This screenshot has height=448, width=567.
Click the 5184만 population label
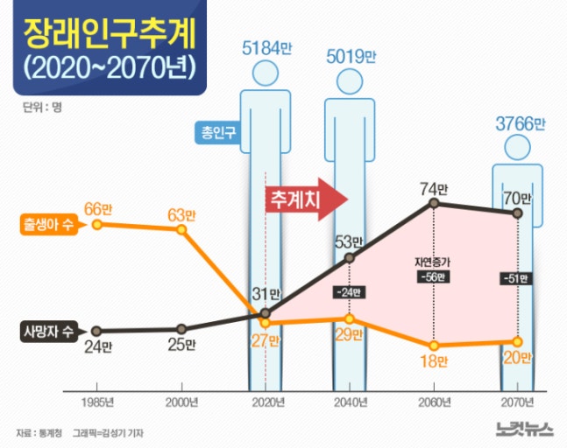tap(265, 48)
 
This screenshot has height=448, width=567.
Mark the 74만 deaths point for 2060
tap(434, 204)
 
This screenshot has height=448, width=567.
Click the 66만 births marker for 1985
tap(96, 224)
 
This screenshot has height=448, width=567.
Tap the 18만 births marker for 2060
tap(434, 345)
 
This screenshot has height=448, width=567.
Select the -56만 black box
tap(433, 278)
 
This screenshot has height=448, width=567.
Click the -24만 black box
tap(351, 291)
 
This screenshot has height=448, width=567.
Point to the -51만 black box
tap(517, 279)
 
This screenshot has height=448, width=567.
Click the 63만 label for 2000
tap(182, 213)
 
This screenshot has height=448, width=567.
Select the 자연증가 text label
tap(433, 261)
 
